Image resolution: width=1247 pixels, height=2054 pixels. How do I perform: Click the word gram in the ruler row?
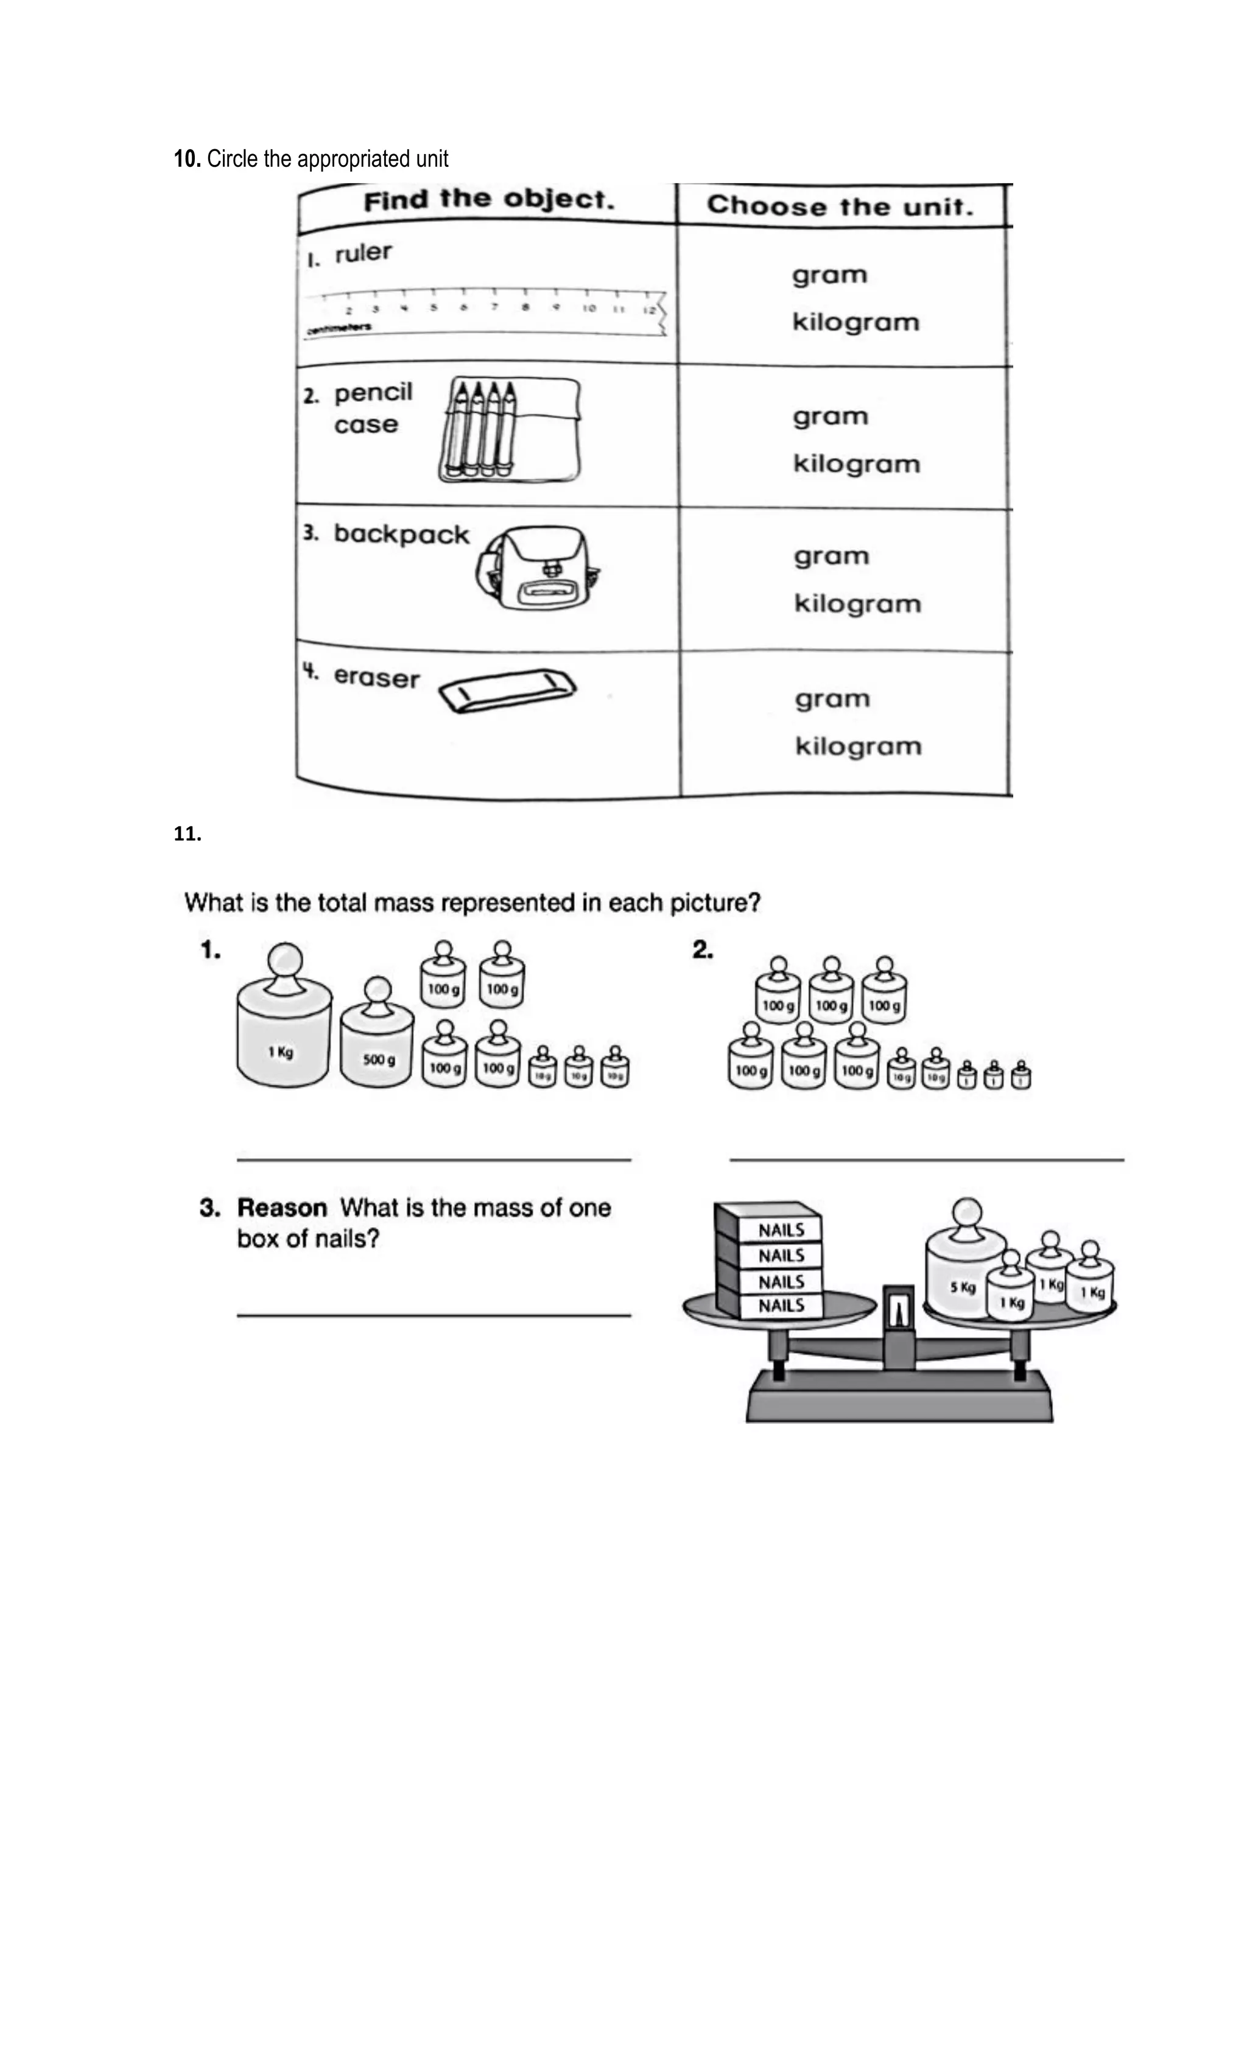(829, 275)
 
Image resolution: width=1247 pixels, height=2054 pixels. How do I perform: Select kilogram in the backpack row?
(857, 603)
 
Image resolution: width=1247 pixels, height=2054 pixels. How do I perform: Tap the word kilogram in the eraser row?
(858, 746)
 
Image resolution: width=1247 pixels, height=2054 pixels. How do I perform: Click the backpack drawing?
(538, 567)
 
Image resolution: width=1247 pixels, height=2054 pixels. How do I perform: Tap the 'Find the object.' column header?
(488, 201)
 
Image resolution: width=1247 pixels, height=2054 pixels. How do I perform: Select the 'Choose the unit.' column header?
(840, 206)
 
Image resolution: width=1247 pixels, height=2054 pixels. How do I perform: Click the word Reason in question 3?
(282, 1208)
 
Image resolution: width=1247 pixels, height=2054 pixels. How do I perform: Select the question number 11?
(187, 834)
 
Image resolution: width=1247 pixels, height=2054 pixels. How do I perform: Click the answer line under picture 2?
(926, 1159)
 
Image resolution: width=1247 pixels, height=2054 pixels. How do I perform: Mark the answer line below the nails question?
(434, 1315)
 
